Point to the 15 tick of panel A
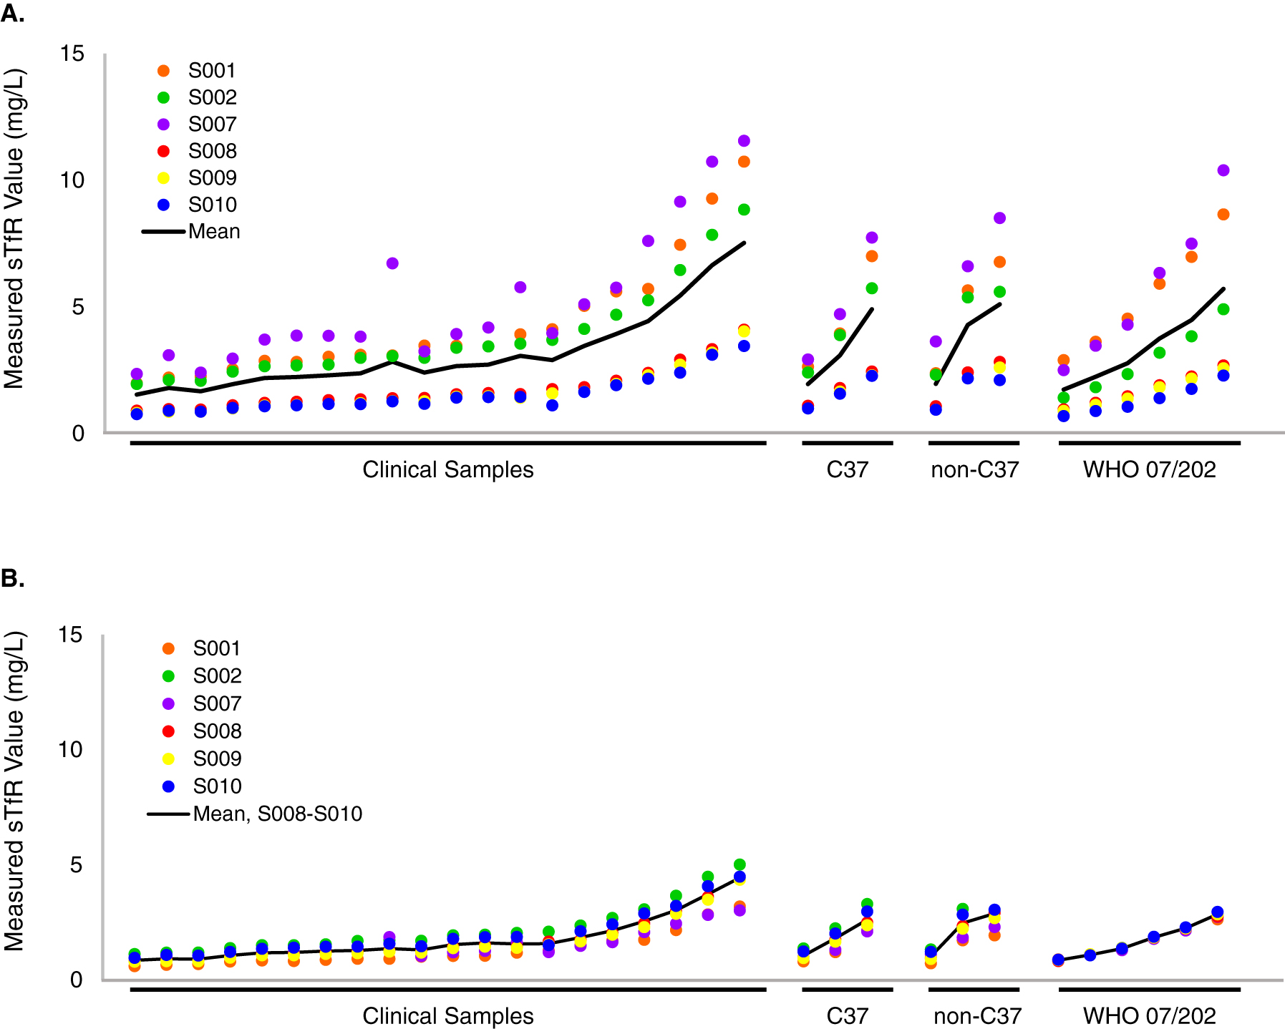point(72,54)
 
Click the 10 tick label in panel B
point(70,750)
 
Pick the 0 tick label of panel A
point(78,434)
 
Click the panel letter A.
point(12,13)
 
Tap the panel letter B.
point(12,578)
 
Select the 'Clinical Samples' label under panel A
point(448,469)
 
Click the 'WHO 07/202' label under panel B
point(1149,1016)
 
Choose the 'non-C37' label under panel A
point(974,469)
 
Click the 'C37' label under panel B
point(847,1016)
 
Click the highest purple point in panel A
point(744,141)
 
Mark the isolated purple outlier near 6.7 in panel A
point(392,263)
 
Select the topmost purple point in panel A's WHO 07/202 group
point(1223,170)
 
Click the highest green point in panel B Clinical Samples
point(740,864)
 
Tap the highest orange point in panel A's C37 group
point(872,256)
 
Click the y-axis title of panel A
point(14,229)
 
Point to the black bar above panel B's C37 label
point(847,990)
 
